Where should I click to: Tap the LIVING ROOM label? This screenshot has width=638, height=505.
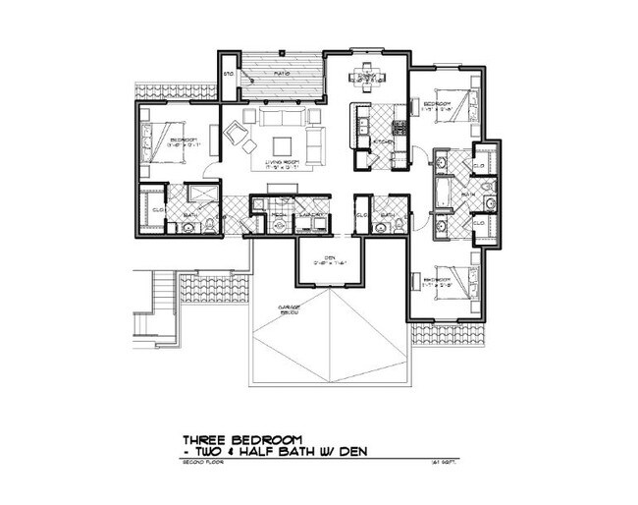coord(281,163)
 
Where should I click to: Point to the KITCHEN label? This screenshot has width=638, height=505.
coord(382,143)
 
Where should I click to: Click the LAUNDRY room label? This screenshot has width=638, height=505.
coord(312,213)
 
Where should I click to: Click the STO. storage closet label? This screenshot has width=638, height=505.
coord(228,74)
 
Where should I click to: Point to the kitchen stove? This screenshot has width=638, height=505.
coord(399,126)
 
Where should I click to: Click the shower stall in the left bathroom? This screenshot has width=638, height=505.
coord(202,193)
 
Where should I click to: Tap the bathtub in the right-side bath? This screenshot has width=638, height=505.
coord(442,194)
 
